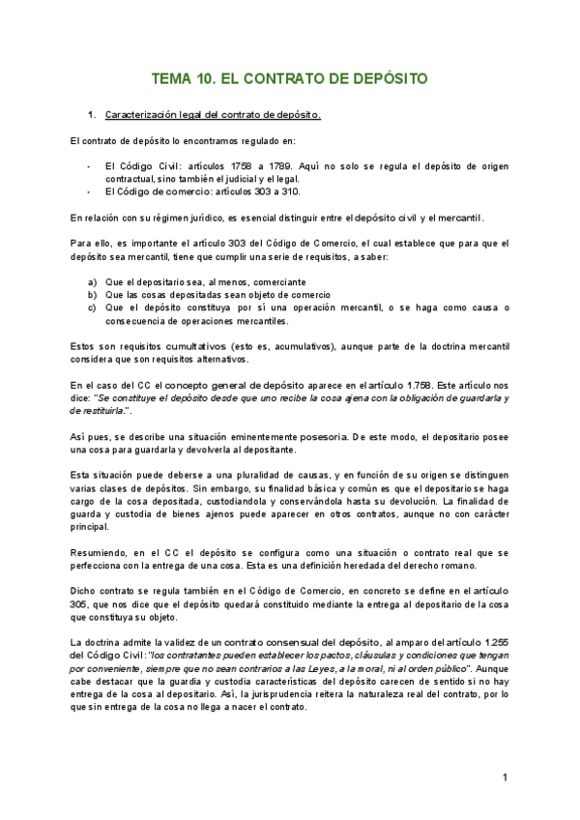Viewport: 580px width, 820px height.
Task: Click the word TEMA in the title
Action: pyautogui.click(x=175, y=76)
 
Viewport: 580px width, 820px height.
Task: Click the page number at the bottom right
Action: pyautogui.click(x=505, y=777)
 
